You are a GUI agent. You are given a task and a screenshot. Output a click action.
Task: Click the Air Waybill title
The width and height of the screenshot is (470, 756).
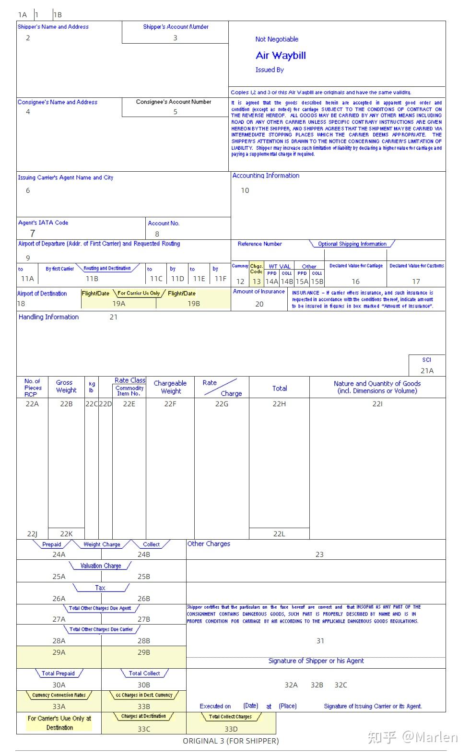[x=281, y=56]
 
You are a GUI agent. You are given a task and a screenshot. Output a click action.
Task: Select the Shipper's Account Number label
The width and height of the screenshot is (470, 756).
[x=176, y=27]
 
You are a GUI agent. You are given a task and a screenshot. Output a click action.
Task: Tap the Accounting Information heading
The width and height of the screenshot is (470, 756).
[x=266, y=176]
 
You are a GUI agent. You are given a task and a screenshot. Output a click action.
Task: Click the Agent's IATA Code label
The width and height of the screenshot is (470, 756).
[x=43, y=223]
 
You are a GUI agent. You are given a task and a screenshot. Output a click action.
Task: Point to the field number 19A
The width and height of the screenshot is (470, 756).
[x=119, y=303]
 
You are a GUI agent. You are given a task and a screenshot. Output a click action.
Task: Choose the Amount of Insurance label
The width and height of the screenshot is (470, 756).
[x=259, y=291]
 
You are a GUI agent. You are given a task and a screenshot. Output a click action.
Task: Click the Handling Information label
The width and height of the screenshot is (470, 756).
[x=48, y=317]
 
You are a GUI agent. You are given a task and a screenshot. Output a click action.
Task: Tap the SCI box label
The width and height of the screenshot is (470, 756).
[x=426, y=359]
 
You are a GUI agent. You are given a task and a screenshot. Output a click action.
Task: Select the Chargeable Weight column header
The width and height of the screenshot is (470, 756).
[x=170, y=387]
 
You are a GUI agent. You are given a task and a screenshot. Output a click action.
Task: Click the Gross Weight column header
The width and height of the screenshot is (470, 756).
[x=66, y=386]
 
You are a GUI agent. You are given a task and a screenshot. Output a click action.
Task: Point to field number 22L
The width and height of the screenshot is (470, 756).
[x=279, y=533]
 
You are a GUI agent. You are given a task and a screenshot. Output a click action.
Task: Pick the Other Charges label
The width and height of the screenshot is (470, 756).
[x=209, y=543]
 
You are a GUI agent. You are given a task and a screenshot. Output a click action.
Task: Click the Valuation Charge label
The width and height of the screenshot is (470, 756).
[x=101, y=566]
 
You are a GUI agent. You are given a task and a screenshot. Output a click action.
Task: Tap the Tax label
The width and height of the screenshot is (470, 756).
[x=100, y=588]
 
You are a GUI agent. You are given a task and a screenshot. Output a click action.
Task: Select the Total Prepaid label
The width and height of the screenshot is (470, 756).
[x=59, y=673]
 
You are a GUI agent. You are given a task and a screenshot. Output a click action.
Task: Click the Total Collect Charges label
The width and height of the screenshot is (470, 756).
[x=230, y=717]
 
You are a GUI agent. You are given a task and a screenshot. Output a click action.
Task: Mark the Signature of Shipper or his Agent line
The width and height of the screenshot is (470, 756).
[x=316, y=661]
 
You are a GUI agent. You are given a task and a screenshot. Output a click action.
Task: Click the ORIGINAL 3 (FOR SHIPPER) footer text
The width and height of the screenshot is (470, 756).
[x=231, y=741]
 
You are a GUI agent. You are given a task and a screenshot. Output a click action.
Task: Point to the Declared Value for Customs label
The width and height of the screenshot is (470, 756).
[x=416, y=266]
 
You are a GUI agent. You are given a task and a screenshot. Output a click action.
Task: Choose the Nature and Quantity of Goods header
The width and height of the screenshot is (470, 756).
[x=377, y=387]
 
